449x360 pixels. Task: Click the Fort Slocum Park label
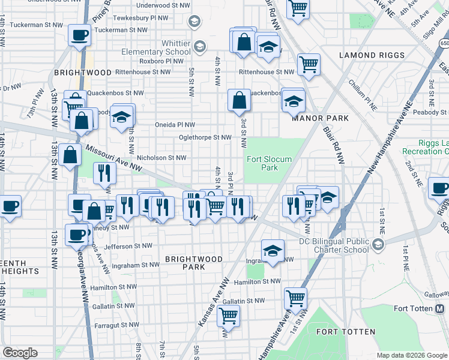coord(270,163)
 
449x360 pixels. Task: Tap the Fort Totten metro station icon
coord(439,309)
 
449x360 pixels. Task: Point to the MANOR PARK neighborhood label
coord(320,118)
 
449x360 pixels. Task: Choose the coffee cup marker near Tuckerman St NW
coord(79,35)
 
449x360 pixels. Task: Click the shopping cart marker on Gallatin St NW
coord(295,297)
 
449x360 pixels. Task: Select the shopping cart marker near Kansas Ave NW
coord(228,314)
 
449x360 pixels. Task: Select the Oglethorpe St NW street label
coord(204,137)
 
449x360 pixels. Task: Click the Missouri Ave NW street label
coord(113,157)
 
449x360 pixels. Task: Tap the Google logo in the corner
coord(20,353)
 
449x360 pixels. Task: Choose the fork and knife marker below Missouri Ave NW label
coord(105,173)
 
